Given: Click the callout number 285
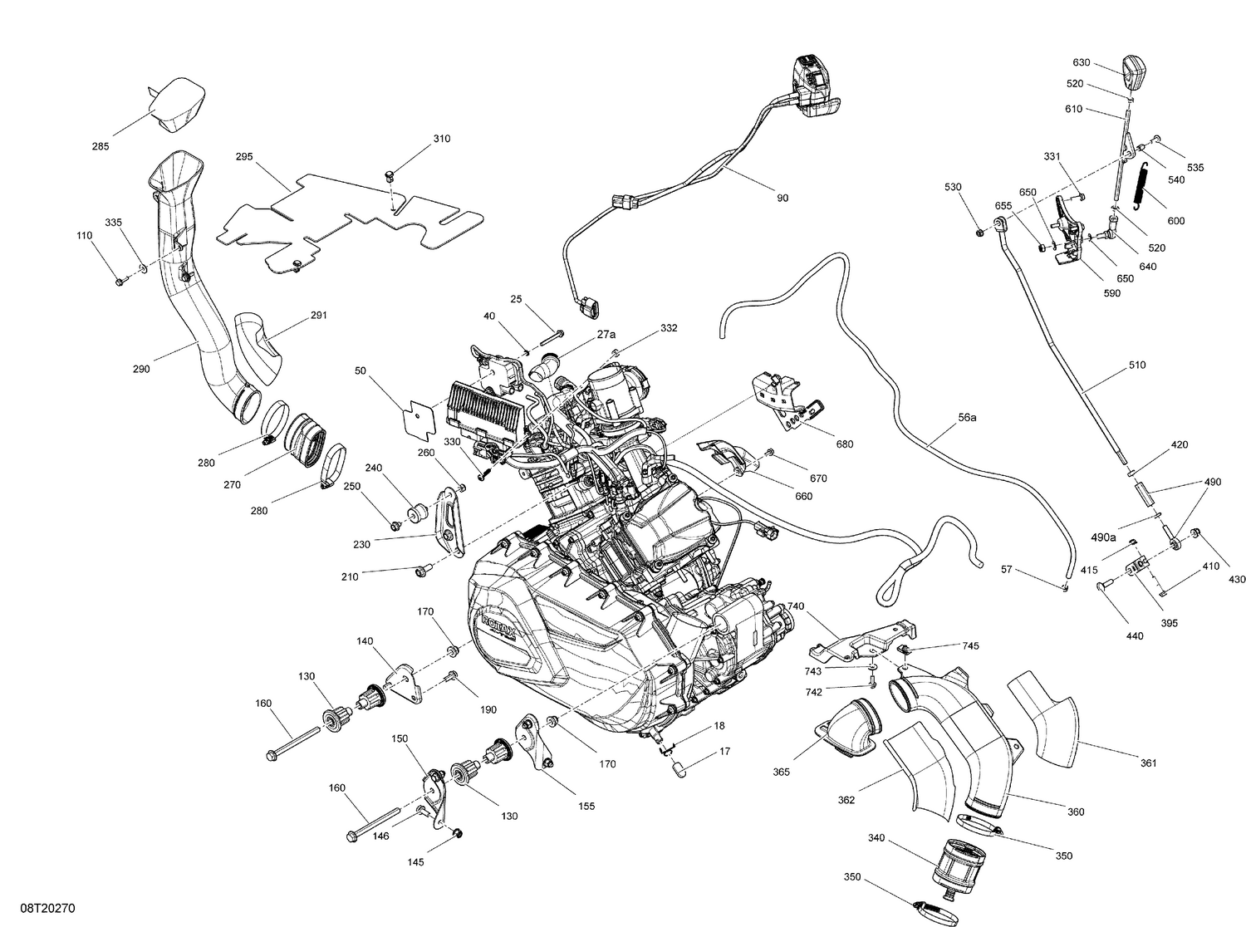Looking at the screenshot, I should coord(100,147).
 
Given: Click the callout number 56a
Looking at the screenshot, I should coord(967,418).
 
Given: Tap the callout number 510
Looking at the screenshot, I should coord(1136,365).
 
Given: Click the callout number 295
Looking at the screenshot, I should coord(243,157).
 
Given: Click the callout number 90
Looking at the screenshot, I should coord(782,198).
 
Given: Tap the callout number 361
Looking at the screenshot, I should coord(1148,763).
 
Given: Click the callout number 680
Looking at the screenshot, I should coord(844,444).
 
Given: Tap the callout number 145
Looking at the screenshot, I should coord(415,862).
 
